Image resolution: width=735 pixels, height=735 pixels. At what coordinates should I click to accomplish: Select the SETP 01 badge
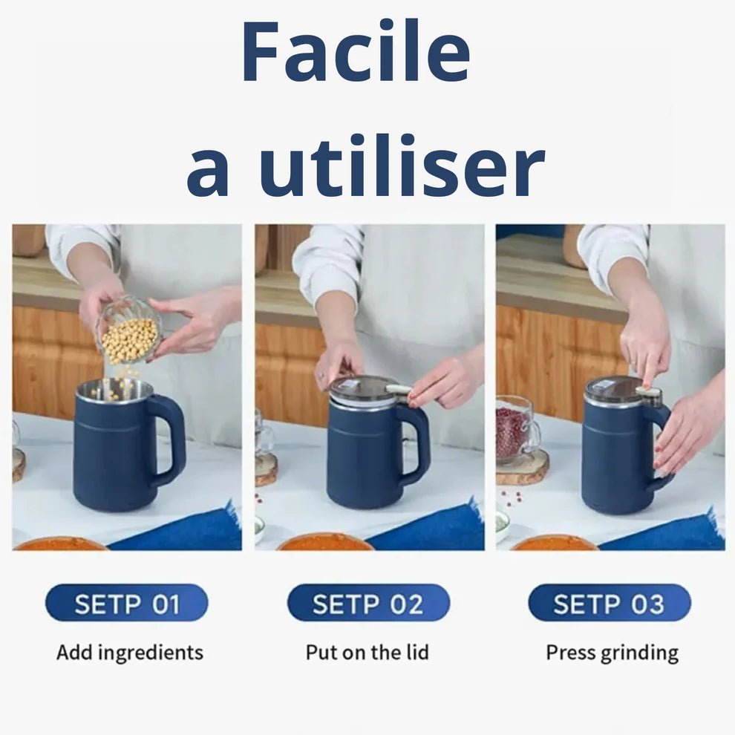coord(126,603)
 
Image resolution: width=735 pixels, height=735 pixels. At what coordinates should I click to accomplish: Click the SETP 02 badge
coord(368,603)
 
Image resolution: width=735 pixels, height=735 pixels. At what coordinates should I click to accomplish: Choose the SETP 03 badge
coord(610,603)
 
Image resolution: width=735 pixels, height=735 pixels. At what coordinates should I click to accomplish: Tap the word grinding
coord(639,653)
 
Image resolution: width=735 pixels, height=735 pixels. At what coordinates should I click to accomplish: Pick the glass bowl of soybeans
coord(129,331)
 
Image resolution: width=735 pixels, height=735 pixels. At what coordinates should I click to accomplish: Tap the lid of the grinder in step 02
coord(364,390)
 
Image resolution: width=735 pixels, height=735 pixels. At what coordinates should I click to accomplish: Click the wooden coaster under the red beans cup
coord(522,467)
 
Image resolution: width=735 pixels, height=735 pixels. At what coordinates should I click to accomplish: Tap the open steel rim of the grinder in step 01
coord(114,390)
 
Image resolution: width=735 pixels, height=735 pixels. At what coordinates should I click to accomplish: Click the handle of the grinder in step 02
coord(416,440)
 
